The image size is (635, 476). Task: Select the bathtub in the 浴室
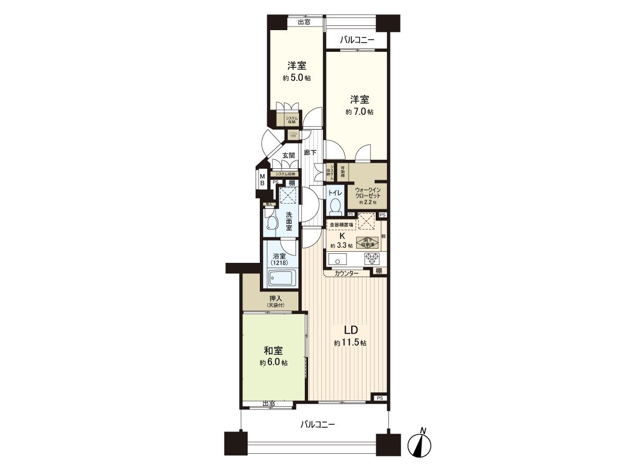click(x=280, y=278)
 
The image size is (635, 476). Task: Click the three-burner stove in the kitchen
click(x=372, y=259)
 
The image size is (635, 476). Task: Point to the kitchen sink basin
click(x=337, y=259)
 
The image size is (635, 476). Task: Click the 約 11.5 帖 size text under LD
click(x=350, y=343)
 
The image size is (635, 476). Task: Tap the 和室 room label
click(x=274, y=351)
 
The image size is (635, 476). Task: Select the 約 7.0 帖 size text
click(x=360, y=112)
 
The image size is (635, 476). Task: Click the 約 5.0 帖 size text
click(x=296, y=78)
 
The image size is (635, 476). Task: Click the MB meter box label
click(x=261, y=179)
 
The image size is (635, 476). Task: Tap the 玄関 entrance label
click(x=288, y=155)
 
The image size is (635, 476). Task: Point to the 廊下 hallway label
click(x=310, y=153)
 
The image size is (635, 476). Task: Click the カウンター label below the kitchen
click(x=347, y=273)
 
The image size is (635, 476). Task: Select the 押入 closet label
click(x=275, y=298)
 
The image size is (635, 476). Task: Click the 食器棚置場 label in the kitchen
click(x=341, y=225)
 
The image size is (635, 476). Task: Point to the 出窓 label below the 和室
click(x=269, y=404)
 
